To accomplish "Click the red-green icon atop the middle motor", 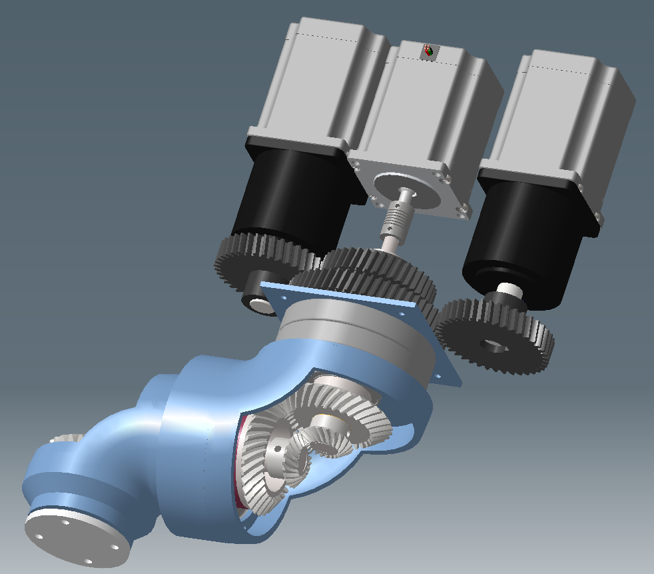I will (428, 51).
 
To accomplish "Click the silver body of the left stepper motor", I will (313, 80).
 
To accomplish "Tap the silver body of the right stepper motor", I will (566, 113).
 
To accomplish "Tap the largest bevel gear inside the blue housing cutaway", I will (260, 467).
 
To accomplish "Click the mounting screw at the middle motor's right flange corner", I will (460, 213).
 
